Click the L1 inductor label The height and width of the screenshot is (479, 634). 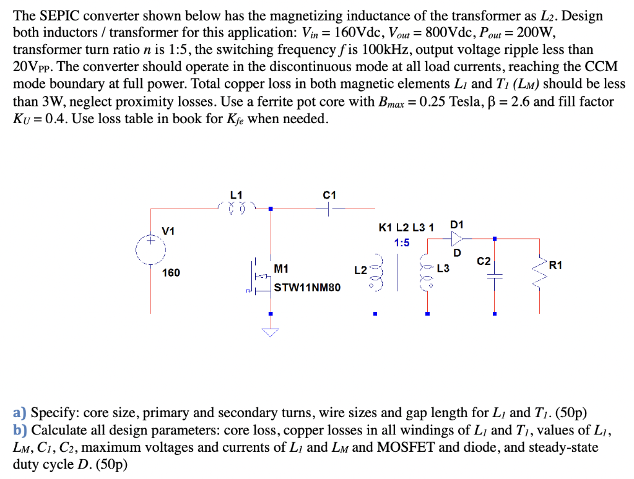236,195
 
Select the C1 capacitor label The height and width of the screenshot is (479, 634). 329,195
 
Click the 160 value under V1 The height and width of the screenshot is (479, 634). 172,272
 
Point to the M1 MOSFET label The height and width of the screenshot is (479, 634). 280,269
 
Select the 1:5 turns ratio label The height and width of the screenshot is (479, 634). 402,243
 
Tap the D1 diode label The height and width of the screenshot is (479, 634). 457,224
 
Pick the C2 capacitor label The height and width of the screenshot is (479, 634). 484,262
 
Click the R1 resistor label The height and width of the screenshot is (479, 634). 556,265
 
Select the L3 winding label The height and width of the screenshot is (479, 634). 443,269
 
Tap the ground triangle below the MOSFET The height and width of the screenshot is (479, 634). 270,333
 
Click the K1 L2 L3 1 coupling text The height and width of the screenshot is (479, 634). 406,227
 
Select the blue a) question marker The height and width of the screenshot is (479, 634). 19,413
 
